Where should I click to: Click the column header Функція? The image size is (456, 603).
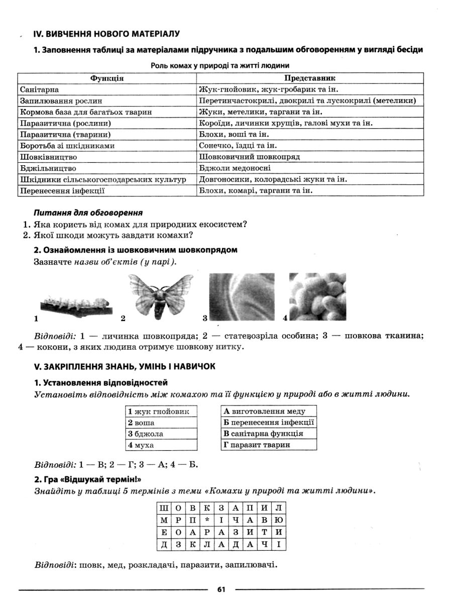click(x=107, y=78)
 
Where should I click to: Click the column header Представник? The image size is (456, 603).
click(x=310, y=78)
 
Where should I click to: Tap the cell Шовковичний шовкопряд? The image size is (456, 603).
click(x=249, y=157)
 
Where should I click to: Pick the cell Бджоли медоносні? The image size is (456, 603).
click(x=235, y=168)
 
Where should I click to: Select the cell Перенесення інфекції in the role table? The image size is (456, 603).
click(x=62, y=190)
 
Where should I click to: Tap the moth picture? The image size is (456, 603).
click(x=161, y=296)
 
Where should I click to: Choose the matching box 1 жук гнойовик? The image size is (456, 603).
click(x=160, y=412)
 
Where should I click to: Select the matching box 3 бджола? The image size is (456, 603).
click(x=160, y=434)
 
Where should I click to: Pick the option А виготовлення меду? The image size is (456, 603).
click(x=269, y=412)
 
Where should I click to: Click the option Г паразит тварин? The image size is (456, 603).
click(x=269, y=445)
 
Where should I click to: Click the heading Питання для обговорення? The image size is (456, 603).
click(x=88, y=213)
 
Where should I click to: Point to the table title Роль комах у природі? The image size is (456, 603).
click(x=220, y=65)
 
